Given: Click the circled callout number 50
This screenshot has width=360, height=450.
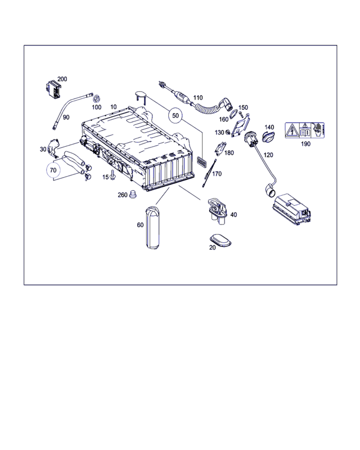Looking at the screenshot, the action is [x=175, y=115].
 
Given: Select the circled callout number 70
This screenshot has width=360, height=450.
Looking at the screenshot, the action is [x=53, y=170].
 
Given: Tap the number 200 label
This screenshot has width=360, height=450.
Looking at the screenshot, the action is [x=62, y=79].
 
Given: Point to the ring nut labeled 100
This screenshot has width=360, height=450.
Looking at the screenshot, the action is [x=96, y=99].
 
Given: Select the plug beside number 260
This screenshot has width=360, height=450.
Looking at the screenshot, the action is [x=133, y=194].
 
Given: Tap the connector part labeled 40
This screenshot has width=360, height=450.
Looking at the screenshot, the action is [x=218, y=210].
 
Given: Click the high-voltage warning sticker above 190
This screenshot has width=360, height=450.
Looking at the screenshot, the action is [x=304, y=130].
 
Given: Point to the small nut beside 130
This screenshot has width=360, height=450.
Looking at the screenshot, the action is [x=228, y=132].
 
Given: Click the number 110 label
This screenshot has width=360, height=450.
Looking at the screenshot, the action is [x=198, y=98].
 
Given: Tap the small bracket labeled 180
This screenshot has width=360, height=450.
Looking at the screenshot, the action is [x=219, y=148].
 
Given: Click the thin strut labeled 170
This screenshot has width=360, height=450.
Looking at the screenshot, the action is [x=209, y=173].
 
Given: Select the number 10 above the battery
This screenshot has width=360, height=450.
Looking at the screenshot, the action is [x=114, y=107].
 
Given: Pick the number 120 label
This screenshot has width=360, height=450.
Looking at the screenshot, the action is [x=268, y=155].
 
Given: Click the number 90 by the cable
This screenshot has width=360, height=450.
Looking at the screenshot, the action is [x=66, y=117].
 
